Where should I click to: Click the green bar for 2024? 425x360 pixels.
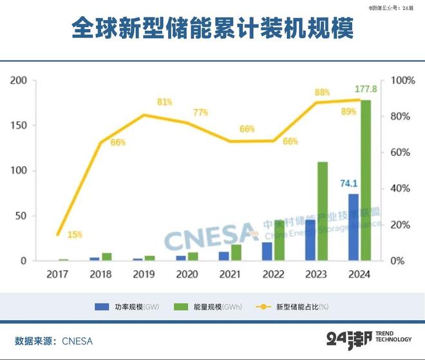365,180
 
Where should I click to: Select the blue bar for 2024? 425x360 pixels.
354,227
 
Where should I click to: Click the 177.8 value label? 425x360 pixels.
366,88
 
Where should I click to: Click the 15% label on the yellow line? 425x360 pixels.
75,234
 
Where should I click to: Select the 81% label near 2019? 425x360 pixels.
164,102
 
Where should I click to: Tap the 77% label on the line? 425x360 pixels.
200,113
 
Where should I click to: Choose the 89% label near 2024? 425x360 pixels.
349,111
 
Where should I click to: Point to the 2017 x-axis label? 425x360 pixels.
57,274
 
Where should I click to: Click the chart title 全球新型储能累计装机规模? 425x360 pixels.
212,29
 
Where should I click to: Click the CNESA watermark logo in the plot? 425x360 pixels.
211,236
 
